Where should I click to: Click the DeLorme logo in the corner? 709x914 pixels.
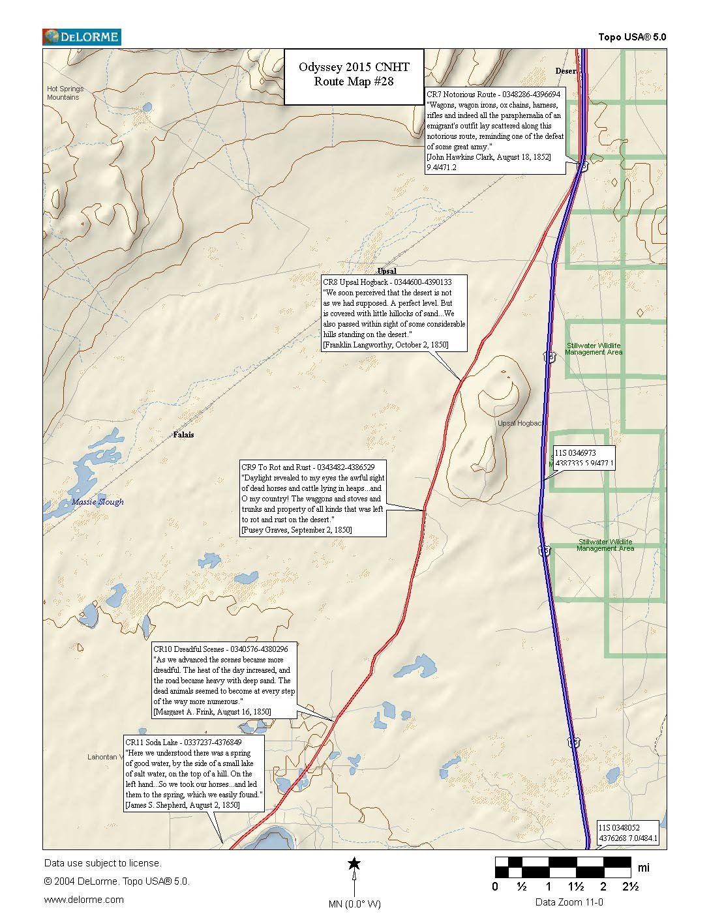[x=81, y=37]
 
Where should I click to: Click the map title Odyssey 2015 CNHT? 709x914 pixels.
[x=354, y=67]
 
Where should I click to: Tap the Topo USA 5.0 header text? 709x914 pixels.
[x=632, y=37]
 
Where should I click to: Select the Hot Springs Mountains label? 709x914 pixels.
[x=65, y=93]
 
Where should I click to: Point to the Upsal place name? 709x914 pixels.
[x=387, y=271]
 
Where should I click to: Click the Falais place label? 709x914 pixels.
[x=184, y=434]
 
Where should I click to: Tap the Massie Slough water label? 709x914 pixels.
[x=98, y=502]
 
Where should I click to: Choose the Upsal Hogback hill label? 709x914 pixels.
[x=519, y=423]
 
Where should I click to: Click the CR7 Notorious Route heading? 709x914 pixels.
[x=492, y=95]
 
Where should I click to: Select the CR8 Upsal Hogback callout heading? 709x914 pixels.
[x=387, y=282]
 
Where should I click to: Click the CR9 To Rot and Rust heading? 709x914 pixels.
[x=308, y=467]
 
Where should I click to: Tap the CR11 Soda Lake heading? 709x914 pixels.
[x=184, y=743]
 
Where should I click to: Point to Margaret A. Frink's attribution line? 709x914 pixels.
[x=212, y=712]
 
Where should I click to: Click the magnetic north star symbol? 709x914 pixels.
[x=354, y=864]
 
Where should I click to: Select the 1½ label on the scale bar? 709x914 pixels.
[x=575, y=887]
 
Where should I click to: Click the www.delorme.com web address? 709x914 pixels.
[x=83, y=900]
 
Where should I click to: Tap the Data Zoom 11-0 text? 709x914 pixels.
[x=569, y=902]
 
